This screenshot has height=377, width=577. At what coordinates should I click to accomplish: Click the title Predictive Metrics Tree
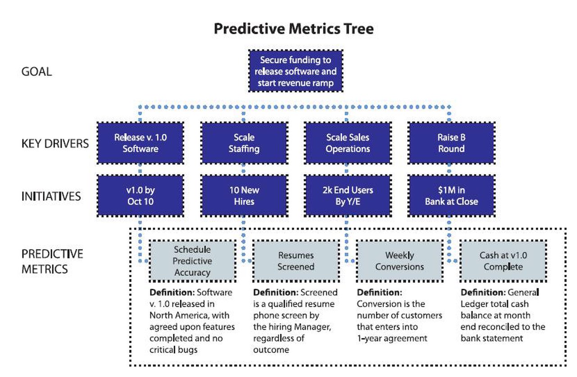click(293, 29)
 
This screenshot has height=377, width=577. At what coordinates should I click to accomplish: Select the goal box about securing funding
click(295, 72)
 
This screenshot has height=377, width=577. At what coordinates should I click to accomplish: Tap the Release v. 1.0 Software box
click(140, 143)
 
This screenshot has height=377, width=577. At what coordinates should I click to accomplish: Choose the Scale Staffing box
click(244, 143)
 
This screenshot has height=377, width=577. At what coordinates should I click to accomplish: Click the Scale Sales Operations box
click(348, 143)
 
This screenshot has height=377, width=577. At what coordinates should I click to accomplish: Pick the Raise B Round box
click(451, 143)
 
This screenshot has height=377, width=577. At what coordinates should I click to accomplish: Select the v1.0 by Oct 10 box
click(140, 196)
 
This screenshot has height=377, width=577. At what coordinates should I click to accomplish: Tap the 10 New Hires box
click(244, 196)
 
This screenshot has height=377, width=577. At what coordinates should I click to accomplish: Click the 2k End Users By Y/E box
click(348, 196)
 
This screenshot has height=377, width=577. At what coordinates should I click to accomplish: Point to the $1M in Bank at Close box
click(451, 196)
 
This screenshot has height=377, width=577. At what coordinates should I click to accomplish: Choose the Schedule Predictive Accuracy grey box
click(192, 261)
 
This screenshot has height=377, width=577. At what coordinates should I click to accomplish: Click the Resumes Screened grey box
click(296, 261)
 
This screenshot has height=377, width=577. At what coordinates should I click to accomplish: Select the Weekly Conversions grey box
click(399, 261)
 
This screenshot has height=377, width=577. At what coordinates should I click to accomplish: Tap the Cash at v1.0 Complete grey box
click(503, 261)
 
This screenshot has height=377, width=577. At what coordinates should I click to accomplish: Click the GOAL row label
click(37, 72)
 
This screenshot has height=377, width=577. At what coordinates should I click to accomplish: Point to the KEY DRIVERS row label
click(55, 143)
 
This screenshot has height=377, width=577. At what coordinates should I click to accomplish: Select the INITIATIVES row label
click(51, 196)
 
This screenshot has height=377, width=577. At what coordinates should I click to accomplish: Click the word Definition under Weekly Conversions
click(379, 292)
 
